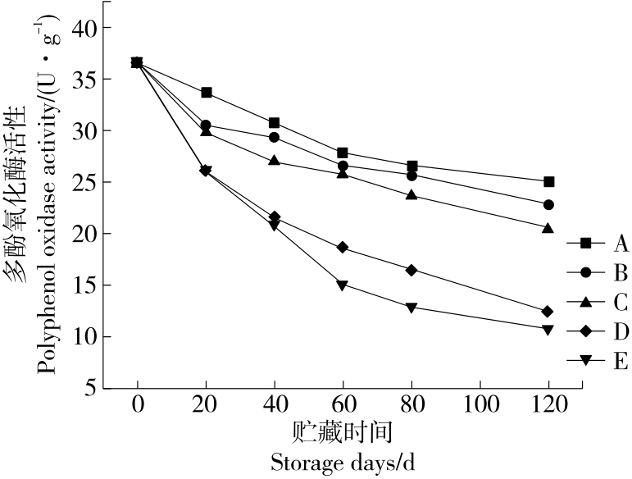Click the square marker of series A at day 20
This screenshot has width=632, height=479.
point(207,93)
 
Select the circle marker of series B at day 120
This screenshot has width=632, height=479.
point(548,204)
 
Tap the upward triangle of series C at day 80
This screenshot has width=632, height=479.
point(411,195)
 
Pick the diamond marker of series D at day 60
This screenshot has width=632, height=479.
point(343,248)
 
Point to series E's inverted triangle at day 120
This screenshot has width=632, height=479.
point(548,330)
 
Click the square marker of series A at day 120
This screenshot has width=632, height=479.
point(548,181)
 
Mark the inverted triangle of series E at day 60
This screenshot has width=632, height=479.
point(343,285)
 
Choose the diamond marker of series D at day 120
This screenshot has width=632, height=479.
point(548,312)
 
